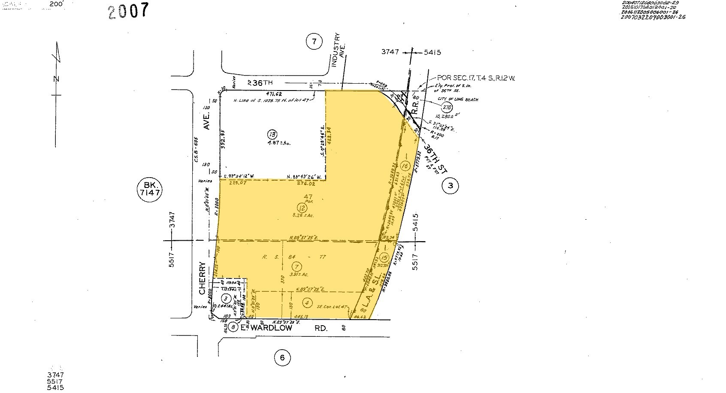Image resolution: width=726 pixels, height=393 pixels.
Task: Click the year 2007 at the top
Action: pos(129,11)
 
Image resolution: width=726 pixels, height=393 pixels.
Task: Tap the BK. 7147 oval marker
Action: pos(149,189)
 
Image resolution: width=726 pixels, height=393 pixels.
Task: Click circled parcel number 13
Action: pos(270,133)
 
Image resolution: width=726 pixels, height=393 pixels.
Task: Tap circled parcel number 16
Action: pos(404,165)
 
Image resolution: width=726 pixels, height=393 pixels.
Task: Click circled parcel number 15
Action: pos(384,257)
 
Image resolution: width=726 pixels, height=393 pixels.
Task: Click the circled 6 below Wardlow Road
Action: pos(282,357)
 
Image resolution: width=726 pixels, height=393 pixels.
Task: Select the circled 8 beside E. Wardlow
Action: pos(233,327)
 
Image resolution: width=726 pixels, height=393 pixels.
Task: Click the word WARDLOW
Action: pos(272,328)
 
